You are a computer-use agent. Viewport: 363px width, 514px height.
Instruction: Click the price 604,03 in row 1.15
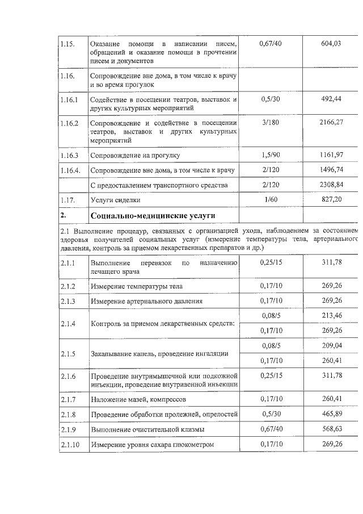click(331, 44)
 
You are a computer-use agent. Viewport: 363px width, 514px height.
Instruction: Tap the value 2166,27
click(331, 122)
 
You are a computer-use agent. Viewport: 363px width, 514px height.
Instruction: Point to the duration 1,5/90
click(270, 154)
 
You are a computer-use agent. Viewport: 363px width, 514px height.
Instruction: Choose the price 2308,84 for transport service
click(331, 185)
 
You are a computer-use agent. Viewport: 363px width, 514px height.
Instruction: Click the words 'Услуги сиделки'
click(112, 200)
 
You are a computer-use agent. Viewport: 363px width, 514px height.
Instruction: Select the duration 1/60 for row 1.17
click(270, 200)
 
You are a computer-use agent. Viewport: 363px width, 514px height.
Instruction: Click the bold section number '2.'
click(64, 216)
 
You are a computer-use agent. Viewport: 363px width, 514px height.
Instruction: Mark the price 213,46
click(331, 315)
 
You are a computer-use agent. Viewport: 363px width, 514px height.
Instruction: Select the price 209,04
click(331, 345)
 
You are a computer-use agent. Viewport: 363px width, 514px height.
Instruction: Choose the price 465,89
click(331, 415)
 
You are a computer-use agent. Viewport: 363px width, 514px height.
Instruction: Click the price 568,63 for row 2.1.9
click(331, 429)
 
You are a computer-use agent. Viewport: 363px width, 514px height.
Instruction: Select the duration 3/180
click(270, 122)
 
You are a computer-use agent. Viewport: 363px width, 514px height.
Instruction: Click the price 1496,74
click(331, 170)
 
